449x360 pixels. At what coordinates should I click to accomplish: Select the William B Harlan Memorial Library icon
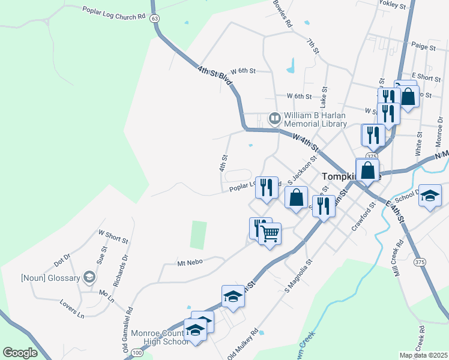pos(275,118)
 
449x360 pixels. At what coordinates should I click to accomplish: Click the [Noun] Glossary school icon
pos(89,277)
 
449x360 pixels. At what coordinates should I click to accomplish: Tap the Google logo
pos(20,353)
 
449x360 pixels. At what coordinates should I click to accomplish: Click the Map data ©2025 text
pos(423,355)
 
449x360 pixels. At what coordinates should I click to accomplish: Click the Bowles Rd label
pos(282,15)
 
